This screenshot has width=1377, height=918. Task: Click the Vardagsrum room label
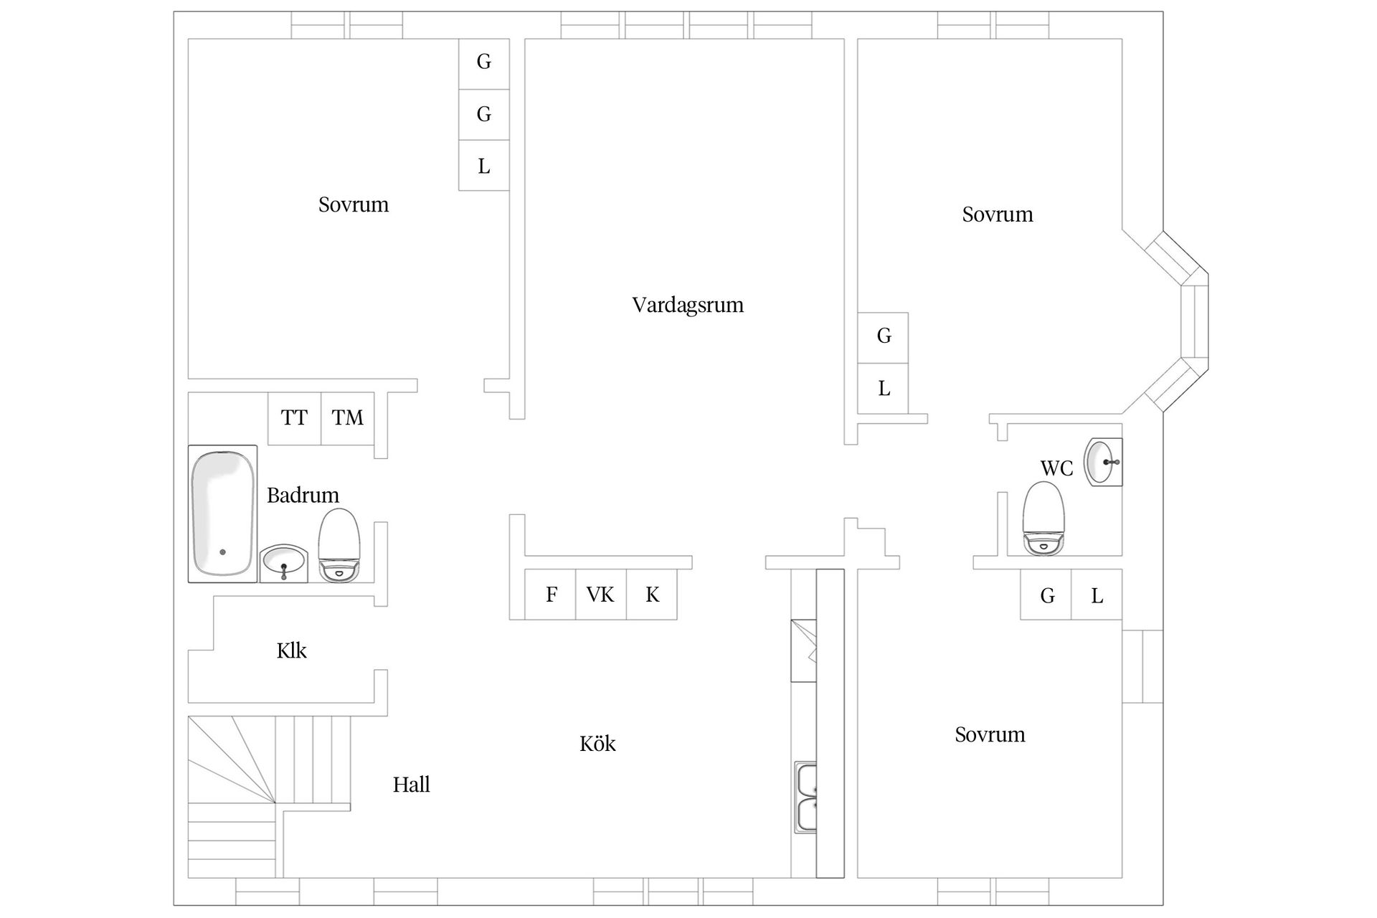(x=687, y=306)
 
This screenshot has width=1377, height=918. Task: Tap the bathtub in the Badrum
(x=222, y=514)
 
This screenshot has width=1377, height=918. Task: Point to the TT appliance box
(x=294, y=418)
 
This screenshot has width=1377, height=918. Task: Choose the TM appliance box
(x=348, y=418)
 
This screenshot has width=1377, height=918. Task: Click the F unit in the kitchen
(x=550, y=595)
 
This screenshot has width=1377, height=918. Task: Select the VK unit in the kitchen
(x=600, y=595)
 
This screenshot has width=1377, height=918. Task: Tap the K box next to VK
(x=652, y=595)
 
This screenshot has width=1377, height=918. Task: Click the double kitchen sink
(x=806, y=797)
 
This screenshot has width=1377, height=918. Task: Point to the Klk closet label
(x=291, y=651)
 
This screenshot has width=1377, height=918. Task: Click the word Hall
(x=411, y=785)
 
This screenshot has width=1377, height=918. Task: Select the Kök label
(x=597, y=744)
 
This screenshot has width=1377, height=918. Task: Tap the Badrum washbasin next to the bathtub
(x=283, y=563)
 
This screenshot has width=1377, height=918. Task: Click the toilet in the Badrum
(x=339, y=545)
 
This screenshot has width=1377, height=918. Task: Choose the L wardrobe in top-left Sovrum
(x=484, y=166)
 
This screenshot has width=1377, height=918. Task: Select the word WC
(x=1056, y=469)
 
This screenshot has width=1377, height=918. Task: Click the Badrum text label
(x=303, y=496)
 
